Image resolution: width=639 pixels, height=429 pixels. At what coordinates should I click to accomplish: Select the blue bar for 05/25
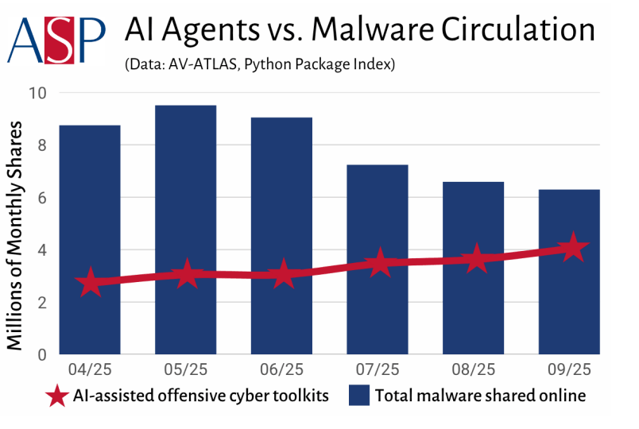pos(186,230)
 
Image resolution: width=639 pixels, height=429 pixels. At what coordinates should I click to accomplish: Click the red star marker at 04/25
pos(90,283)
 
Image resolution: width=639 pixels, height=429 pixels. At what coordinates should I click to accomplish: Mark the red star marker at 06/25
pos(282,276)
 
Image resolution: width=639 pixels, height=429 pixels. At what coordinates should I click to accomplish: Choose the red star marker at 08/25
pos(474,258)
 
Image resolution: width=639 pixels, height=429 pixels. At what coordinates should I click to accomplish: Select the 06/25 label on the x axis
pos(282,370)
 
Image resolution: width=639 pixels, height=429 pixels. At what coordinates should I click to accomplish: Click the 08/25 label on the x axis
pos(474,370)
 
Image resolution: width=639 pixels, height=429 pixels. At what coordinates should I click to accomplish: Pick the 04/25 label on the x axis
pos(90,370)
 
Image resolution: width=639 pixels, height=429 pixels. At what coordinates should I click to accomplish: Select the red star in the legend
pos(56,396)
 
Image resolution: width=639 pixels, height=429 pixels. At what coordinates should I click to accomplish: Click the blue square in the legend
pos(359,395)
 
